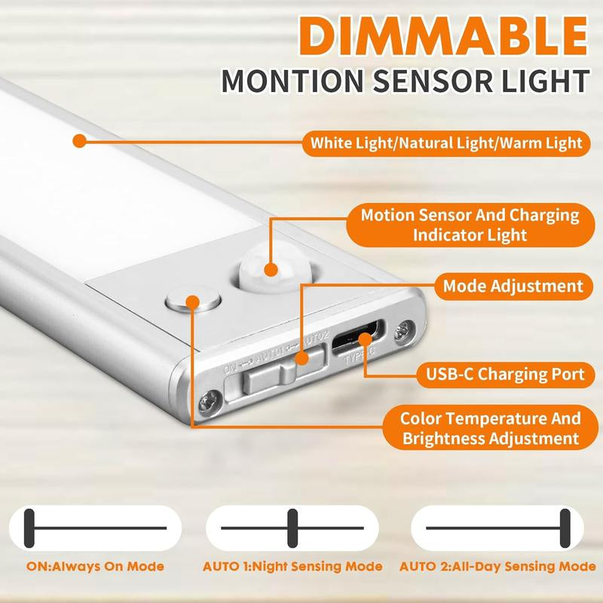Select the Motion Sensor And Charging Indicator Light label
[470, 225]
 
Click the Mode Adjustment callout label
[513, 286]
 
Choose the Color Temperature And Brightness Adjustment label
[490, 428]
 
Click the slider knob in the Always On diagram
[29, 528]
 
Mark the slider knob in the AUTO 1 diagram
[292, 528]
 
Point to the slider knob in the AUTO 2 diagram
[565, 528]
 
